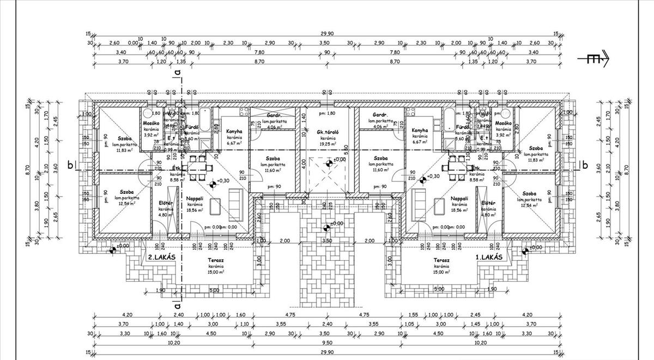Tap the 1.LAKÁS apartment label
(494, 257)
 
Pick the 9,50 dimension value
(326, 343)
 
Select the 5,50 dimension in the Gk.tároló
(347, 148)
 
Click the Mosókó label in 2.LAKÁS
(151, 123)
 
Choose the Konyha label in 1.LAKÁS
(419, 131)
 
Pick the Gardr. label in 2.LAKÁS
(271, 115)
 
